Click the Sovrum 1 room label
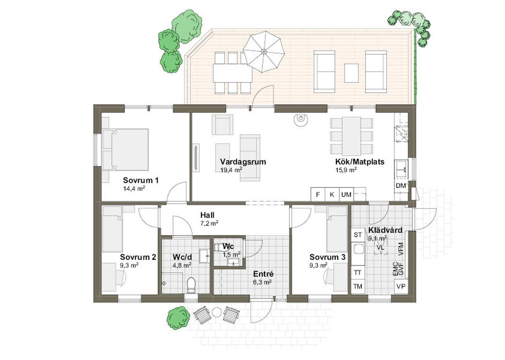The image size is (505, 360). click(x=141, y=180)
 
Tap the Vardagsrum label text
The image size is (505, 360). click(x=243, y=162)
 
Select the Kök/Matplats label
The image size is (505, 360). click(x=360, y=162)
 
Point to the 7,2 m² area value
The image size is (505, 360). click(x=209, y=223)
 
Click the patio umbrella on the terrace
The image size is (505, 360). click(x=264, y=51)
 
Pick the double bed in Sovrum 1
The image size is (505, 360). click(x=126, y=150)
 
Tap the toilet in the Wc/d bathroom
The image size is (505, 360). click(x=191, y=285)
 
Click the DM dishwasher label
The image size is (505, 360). click(x=401, y=186)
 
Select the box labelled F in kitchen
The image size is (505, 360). click(x=318, y=194)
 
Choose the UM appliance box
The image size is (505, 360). click(x=346, y=194)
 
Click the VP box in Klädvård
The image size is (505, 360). click(x=401, y=286)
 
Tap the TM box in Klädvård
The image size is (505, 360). click(x=358, y=286)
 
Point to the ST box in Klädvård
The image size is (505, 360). click(x=358, y=235)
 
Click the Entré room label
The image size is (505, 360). click(x=263, y=274)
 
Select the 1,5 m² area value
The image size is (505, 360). click(x=232, y=254)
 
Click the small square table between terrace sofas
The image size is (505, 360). click(x=351, y=73)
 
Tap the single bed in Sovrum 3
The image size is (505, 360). click(x=337, y=229)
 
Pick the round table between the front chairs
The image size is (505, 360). click(x=216, y=312)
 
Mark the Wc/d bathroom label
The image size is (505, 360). click(x=182, y=257)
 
